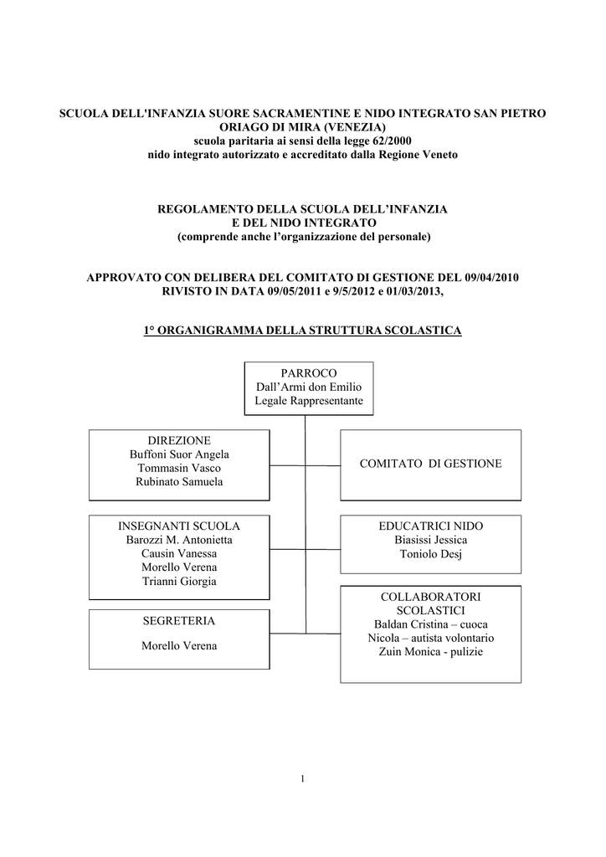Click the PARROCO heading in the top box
click(309, 373)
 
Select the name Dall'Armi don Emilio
click(309, 387)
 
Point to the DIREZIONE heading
click(179, 440)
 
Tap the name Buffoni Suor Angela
click(179, 454)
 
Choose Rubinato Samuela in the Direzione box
click(179, 482)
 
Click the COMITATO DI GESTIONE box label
click(430, 464)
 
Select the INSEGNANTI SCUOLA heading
click(179, 526)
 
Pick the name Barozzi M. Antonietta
click(179, 540)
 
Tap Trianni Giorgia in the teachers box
click(179, 582)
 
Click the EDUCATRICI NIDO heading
click(430, 526)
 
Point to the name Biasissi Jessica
click(430, 540)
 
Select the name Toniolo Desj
click(430, 554)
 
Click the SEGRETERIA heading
click(179, 621)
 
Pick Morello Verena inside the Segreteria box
click(179, 646)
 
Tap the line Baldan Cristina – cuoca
click(430, 624)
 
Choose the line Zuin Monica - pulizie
click(430, 652)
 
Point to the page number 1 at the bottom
click(303, 779)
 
